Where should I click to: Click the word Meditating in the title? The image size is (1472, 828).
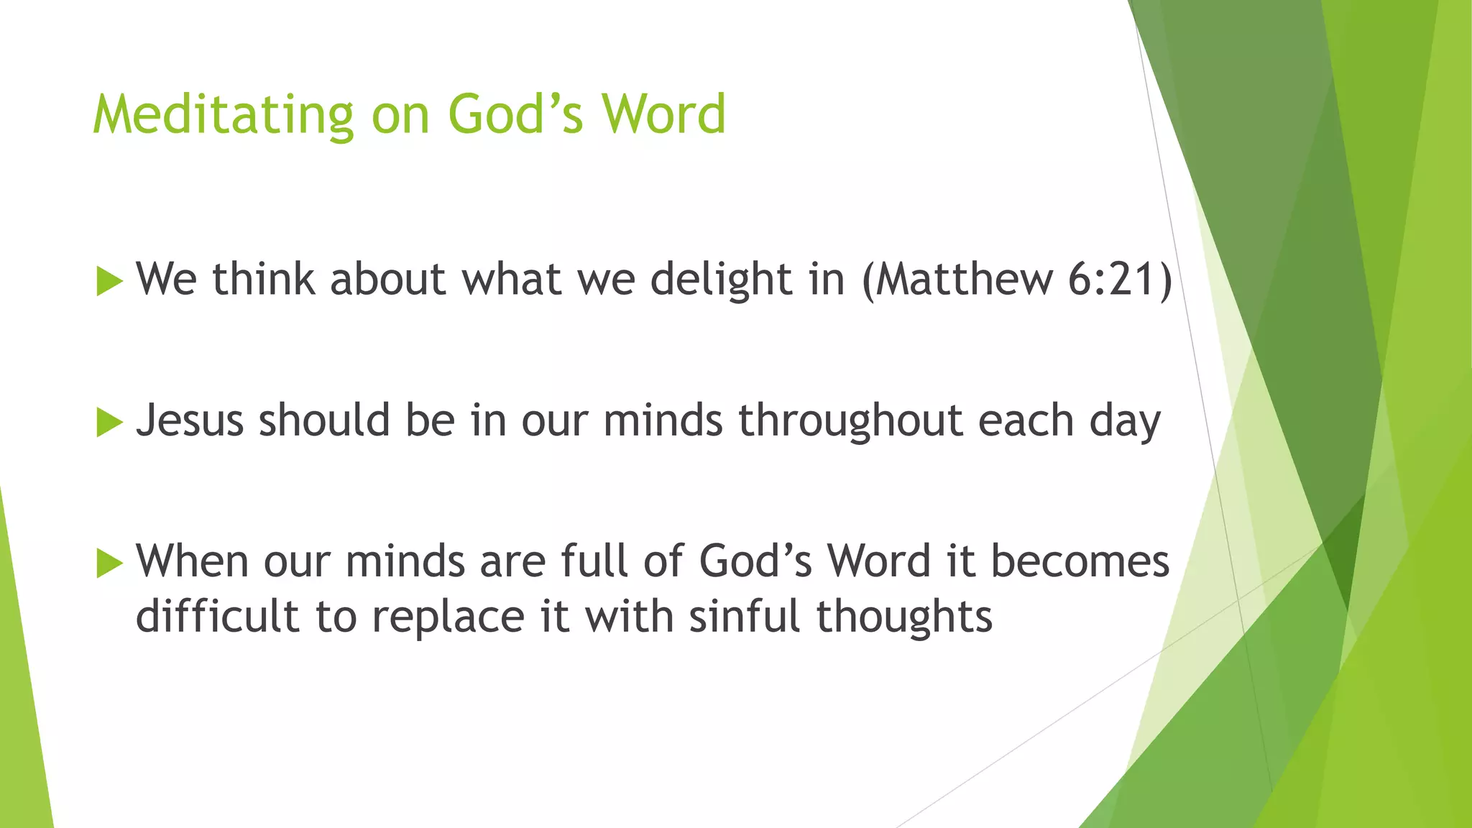point(223,115)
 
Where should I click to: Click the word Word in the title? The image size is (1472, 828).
point(663,115)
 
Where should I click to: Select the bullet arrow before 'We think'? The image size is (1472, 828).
point(109,281)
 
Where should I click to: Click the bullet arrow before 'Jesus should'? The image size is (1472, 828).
point(109,422)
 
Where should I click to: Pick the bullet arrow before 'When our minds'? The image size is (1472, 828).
point(109,563)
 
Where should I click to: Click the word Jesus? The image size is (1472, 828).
point(190,420)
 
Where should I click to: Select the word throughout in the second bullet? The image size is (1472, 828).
point(850,420)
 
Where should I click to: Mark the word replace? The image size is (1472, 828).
point(448,617)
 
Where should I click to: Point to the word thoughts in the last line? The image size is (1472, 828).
point(904,617)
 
